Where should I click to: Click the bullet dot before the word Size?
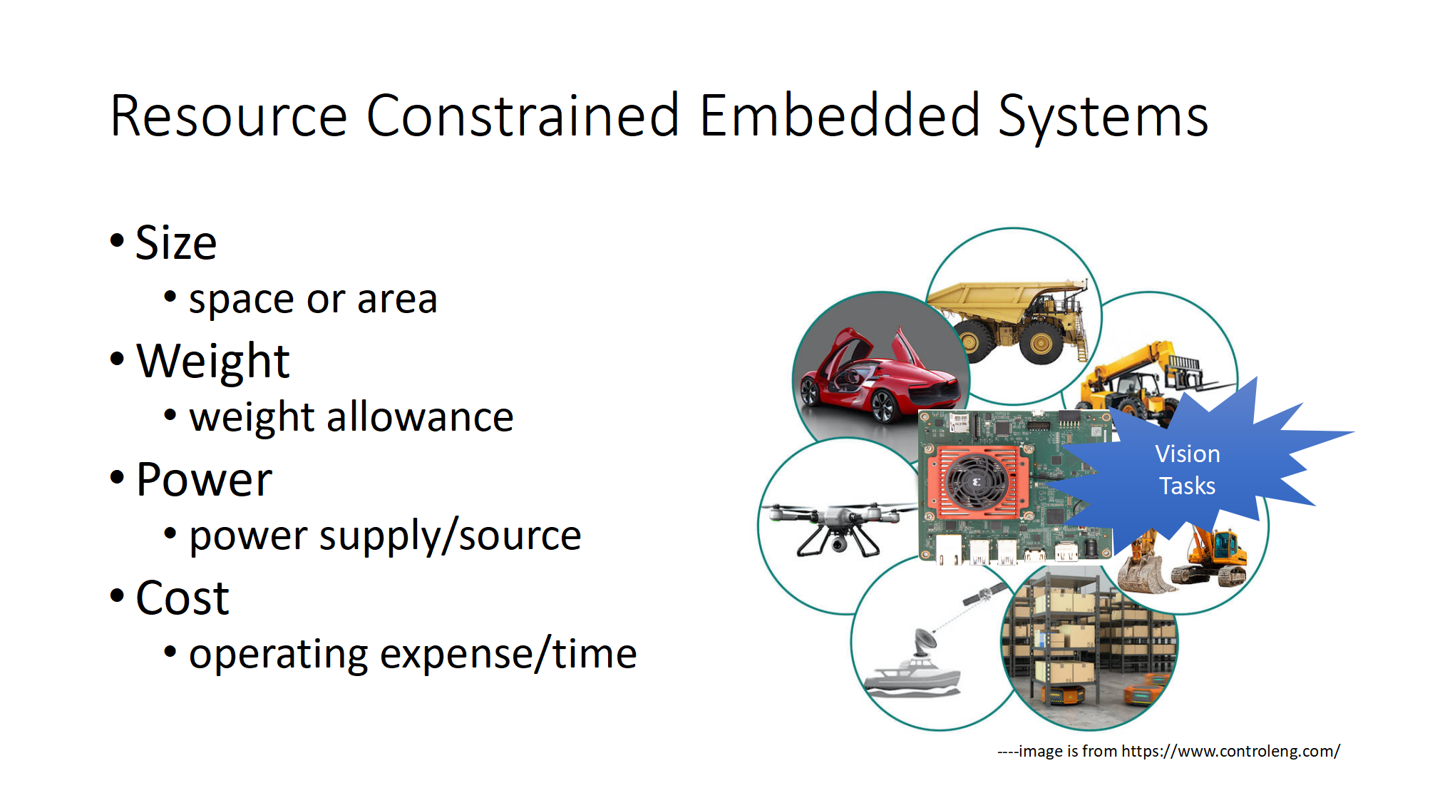pos(117,240)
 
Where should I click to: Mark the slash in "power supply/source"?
pos(449,536)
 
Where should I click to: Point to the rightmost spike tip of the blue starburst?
pos(1353,432)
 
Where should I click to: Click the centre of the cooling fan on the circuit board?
pos(977,482)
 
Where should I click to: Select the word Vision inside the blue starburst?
pos(1188,454)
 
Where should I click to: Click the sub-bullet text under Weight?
pos(351,417)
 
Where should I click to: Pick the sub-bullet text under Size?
pos(313,300)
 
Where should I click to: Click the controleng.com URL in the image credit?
pos(1230,751)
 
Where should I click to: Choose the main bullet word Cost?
pos(182,598)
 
